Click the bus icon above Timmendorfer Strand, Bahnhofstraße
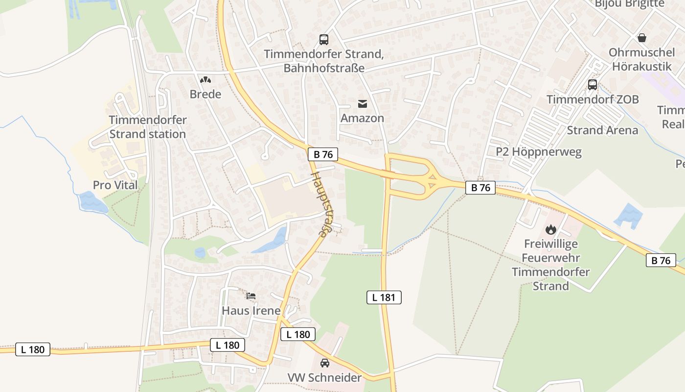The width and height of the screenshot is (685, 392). (323, 40)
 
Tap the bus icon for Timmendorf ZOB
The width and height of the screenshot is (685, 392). (592, 85)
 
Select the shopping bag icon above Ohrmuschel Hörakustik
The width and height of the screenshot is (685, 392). (641, 38)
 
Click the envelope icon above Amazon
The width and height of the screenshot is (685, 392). (362, 103)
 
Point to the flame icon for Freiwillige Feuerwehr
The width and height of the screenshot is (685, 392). (550, 229)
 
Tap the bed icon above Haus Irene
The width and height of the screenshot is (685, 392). (251, 295)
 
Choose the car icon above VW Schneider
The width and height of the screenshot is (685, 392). (324, 363)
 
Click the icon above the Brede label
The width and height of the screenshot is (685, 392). (205, 79)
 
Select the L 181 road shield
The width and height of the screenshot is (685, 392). (384, 297)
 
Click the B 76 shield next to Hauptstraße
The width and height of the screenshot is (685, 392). (323, 154)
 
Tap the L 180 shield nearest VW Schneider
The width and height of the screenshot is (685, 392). (298, 334)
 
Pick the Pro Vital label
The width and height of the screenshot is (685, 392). (115, 185)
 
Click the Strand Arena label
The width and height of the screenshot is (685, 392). (602, 130)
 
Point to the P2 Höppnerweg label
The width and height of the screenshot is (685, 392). (539, 152)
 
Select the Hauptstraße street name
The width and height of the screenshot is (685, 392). (319, 204)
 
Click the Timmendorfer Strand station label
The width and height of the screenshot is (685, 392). (147, 127)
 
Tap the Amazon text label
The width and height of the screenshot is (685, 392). (362, 118)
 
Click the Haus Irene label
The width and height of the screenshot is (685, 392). (251, 311)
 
